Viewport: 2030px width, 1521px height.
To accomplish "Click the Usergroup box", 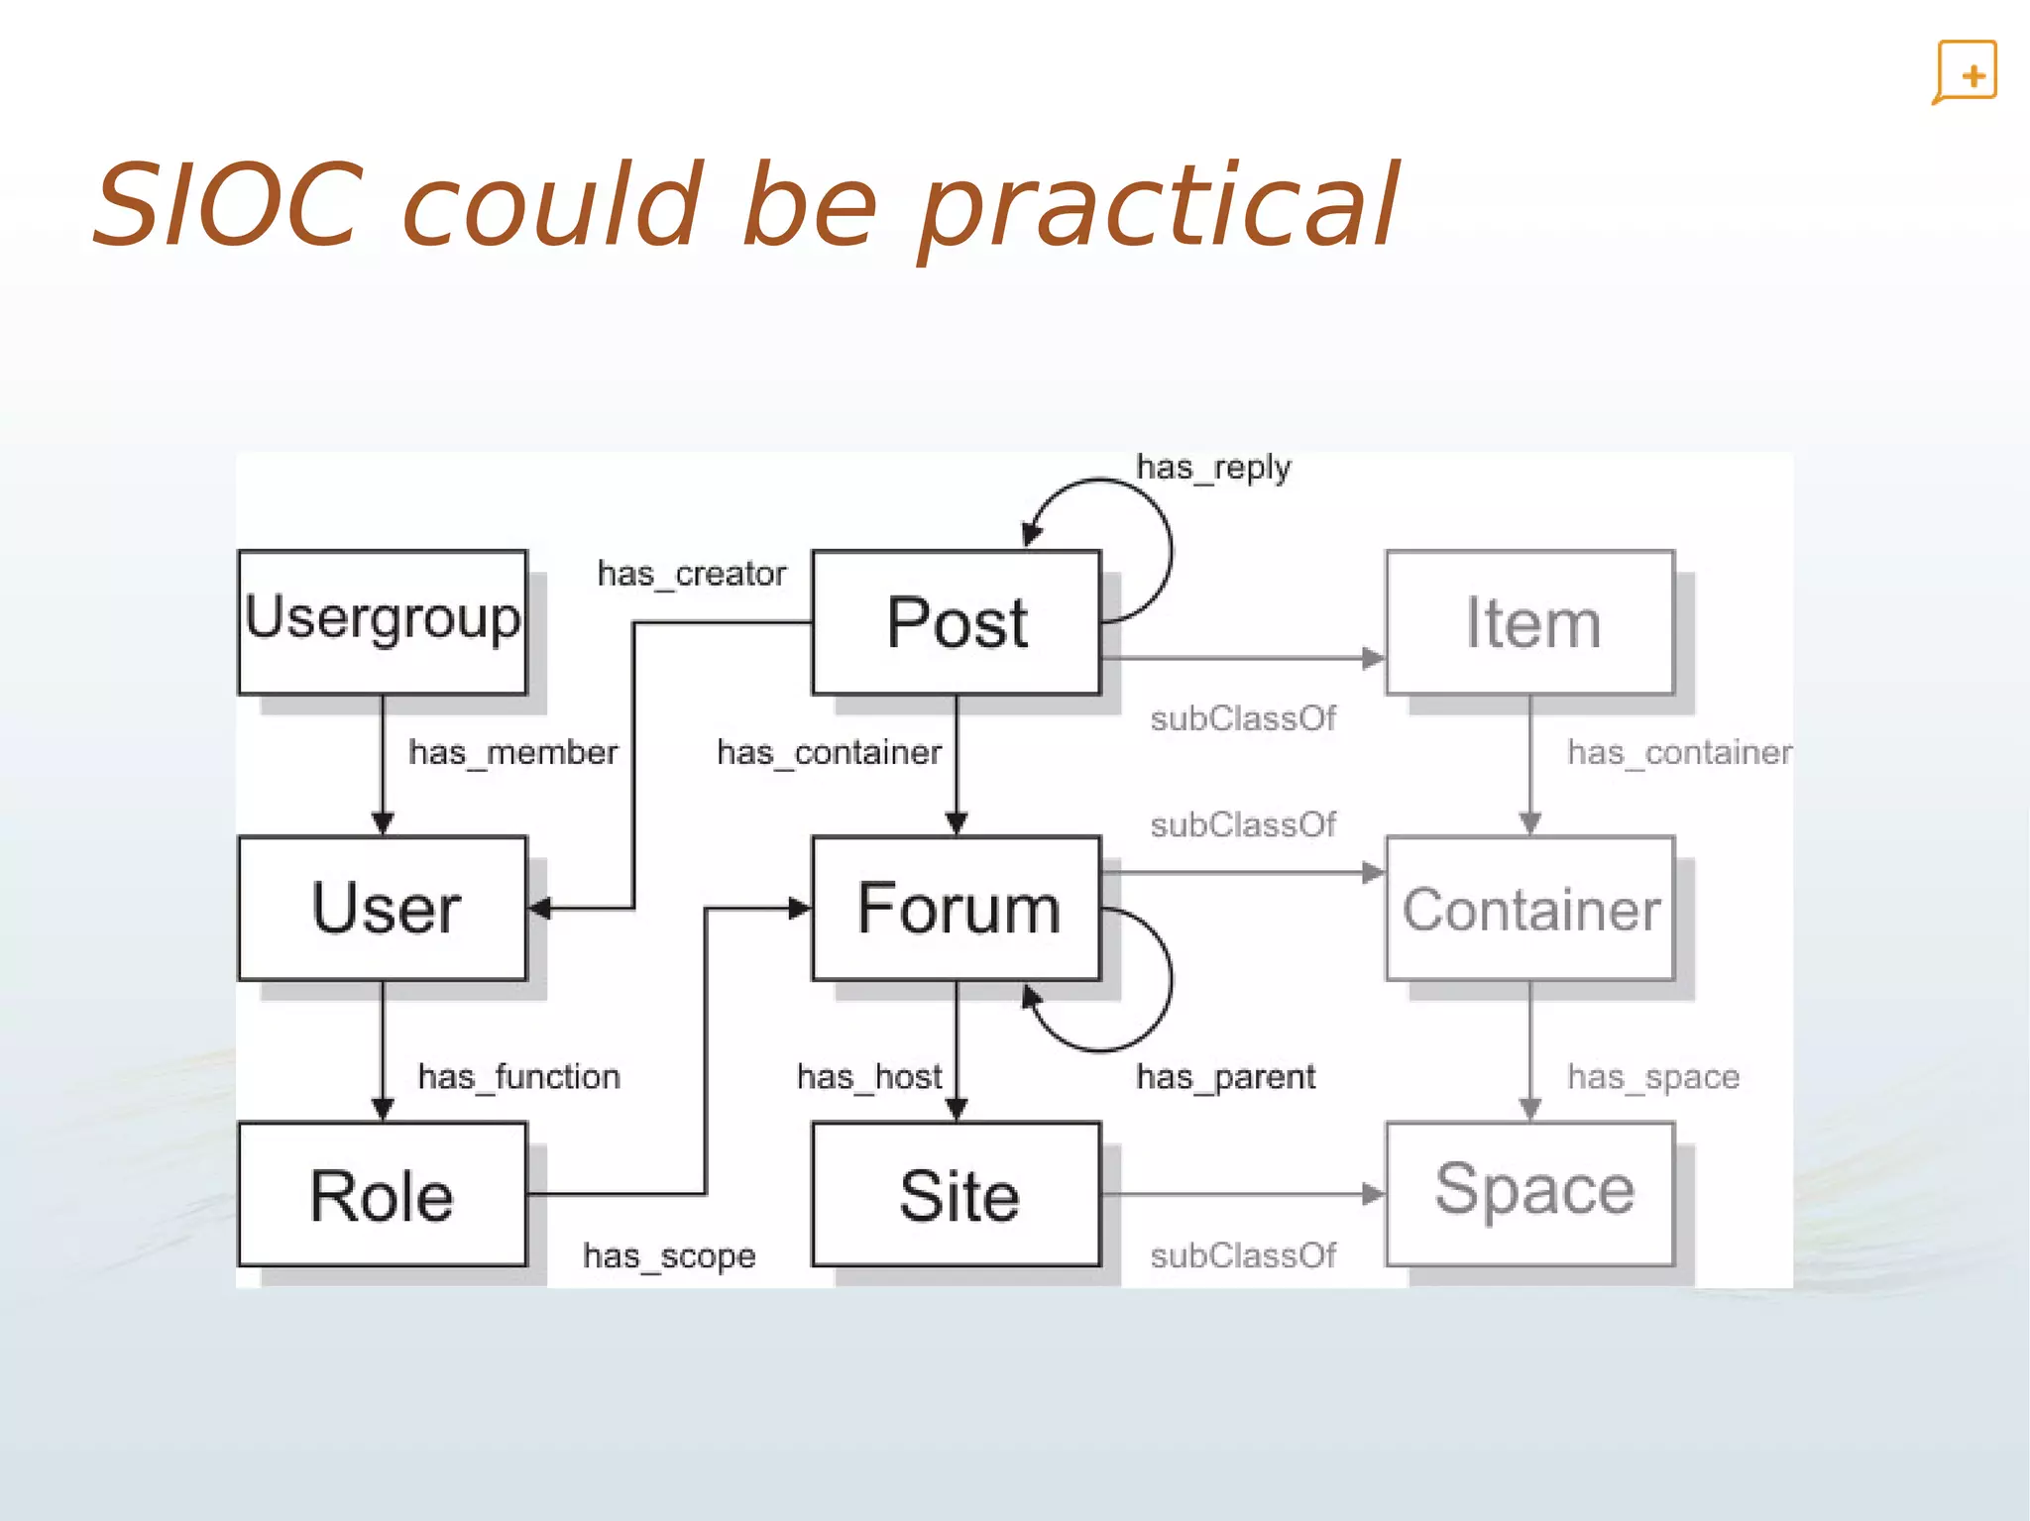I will point(383,621).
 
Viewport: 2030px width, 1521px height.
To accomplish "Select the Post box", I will point(956,621).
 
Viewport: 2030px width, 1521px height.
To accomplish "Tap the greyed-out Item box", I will point(1529,621).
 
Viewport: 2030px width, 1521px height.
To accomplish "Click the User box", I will point(383,908).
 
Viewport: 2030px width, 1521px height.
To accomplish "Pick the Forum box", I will point(956,908).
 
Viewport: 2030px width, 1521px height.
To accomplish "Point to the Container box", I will point(1529,908).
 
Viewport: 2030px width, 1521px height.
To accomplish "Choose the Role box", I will point(383,1194).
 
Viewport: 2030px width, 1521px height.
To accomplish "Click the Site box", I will point(956,1194).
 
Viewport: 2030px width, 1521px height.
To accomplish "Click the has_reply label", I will point(1213,468).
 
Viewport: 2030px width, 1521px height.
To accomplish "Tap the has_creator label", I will point(691,574).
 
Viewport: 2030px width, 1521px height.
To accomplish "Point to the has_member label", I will point(512,753).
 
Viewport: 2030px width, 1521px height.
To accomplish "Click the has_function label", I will point(518,1077).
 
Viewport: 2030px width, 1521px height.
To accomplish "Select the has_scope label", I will point(669,1256).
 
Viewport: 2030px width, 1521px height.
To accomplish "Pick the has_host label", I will point(869,1077).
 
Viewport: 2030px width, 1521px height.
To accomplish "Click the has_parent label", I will point(1225,1077).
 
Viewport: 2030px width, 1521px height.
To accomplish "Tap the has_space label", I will point(1652,1077).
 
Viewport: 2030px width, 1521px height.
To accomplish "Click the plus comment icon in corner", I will point(1966,72).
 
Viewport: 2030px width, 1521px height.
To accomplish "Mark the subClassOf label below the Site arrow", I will point(1243,1256).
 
